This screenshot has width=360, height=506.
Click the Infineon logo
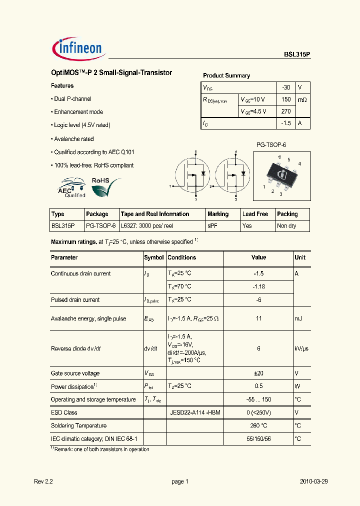tap(77, 48)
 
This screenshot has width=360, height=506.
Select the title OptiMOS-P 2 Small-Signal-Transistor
tap(111, 73)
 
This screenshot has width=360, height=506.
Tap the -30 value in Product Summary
tap(286, 87)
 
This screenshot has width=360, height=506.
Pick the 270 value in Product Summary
tap(286, 111)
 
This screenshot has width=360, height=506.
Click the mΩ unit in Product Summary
tap(302, 99)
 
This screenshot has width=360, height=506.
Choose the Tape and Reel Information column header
tap(155, 214)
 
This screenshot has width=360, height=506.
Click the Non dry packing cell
tap(286, 226)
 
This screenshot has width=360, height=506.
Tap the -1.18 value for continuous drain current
tap(258, 286)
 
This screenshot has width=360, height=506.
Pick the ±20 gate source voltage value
tap(258, 373)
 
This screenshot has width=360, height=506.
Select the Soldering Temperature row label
tap(78, 425)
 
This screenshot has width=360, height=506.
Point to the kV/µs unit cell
tap(302, 348)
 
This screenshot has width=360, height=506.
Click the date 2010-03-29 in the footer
tap(313, 481)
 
